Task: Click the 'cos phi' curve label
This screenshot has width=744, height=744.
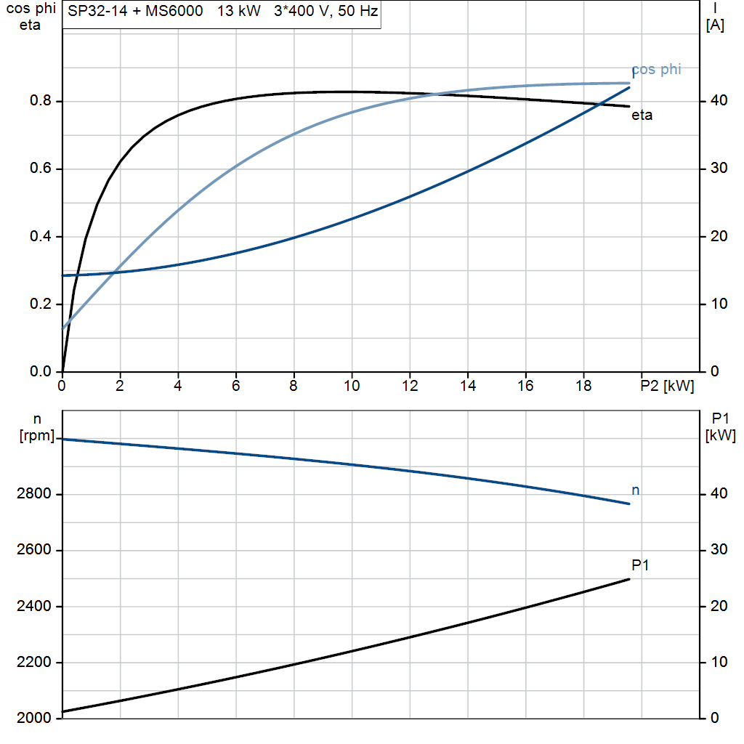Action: pyautogui.click(x=656, y=70)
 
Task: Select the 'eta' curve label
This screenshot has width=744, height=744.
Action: pyautogui.click(x=642, y=115)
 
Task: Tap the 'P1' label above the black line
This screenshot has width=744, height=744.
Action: pyautogui.click(x=640, y=565)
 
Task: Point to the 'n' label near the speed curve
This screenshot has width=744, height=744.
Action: pyautogui.click(x=636, y=491)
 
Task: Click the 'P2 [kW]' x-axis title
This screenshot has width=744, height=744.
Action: pyautogui.click(x=667, y=387)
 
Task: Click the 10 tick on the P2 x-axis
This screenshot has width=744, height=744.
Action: pyautogui.click(x=352, y=387)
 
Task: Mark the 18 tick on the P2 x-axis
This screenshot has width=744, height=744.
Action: pyautogui.click(x=583, y=387)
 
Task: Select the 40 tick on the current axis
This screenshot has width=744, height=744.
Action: pyautogui.click(x=717, y=101)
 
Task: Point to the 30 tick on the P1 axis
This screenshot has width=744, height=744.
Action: pyautogui.click(x=717, y=550)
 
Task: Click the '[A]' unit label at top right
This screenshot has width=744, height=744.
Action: pyautogui.click(x=715, y=25)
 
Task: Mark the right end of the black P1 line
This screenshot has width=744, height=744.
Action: pyautogui.click(x=629, y=579)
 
